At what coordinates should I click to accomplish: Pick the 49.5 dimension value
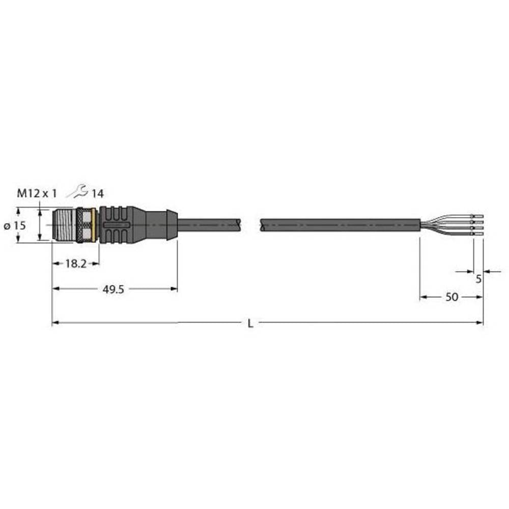115,289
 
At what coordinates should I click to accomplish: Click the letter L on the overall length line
249,323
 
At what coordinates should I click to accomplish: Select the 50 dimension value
451,298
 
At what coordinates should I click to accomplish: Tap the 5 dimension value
478,279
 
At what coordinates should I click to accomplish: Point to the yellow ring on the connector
97,224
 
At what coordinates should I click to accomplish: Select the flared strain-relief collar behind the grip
170,223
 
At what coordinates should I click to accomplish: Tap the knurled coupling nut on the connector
84,224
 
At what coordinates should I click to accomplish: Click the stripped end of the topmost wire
478,216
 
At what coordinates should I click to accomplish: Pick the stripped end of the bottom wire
478,233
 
